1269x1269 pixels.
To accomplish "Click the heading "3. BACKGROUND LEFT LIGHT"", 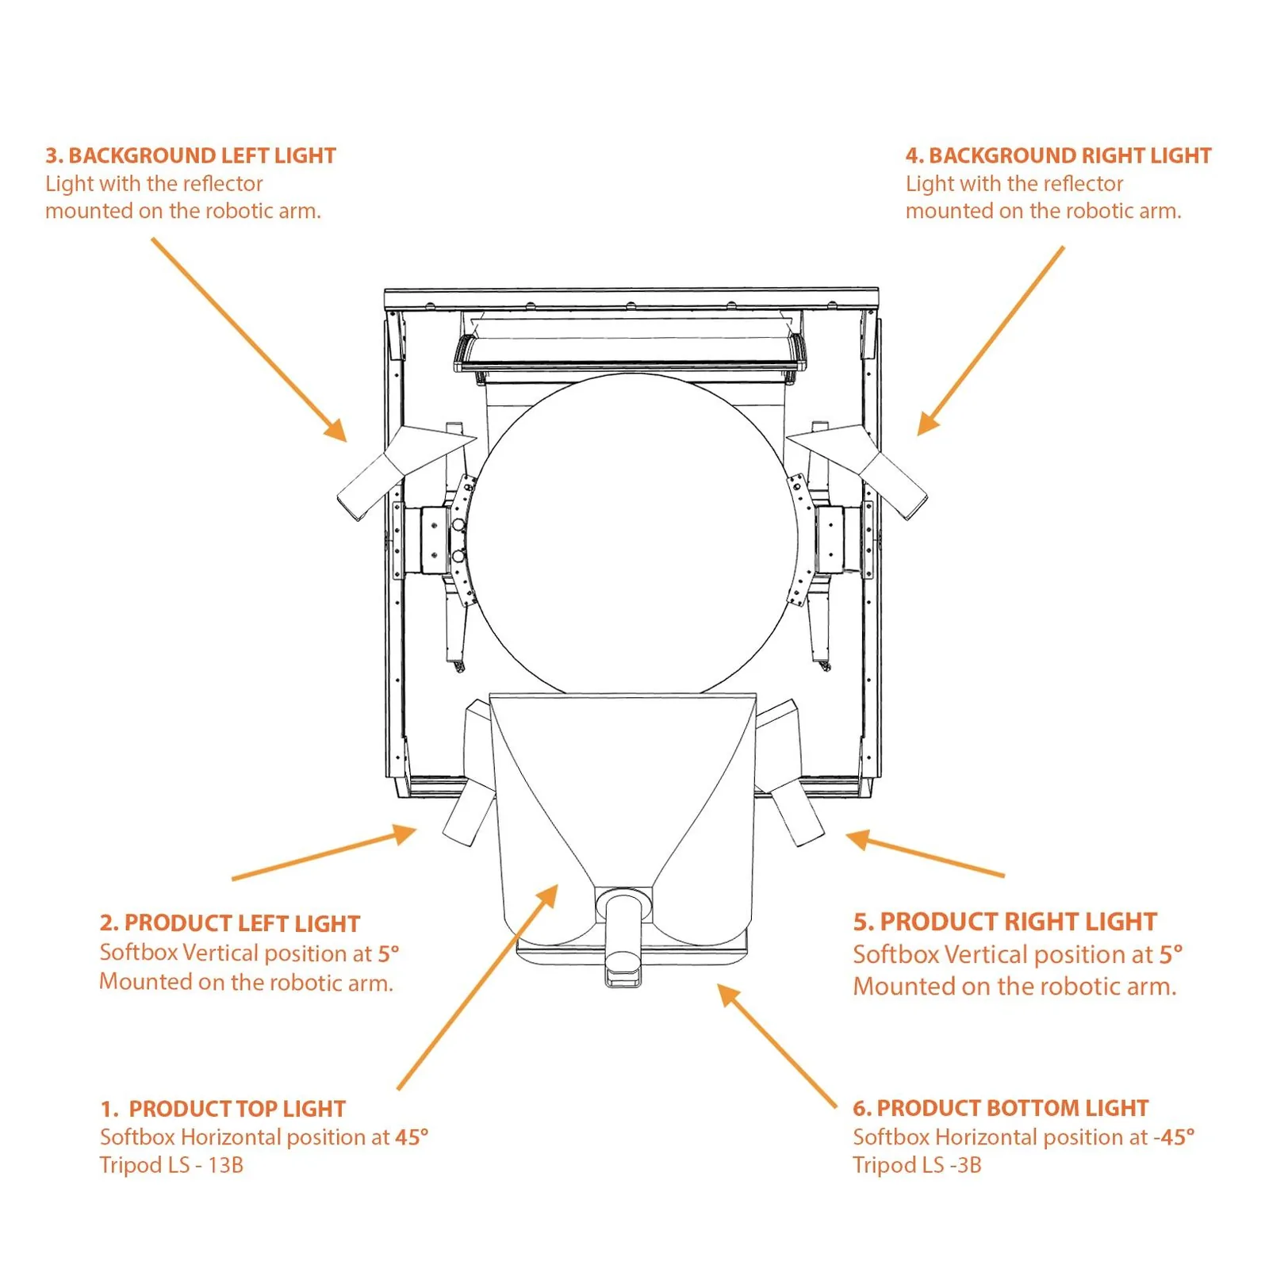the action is point(190,155).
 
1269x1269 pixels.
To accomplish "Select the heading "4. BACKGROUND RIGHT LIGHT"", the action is point(1058,155).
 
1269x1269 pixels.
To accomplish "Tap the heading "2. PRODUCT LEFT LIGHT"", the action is point(230,923).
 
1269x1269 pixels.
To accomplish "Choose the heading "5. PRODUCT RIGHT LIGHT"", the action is point(1005,922).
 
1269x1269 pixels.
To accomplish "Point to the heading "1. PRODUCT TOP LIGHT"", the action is point(223,1109).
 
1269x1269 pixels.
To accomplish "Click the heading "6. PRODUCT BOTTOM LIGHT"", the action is point(1001,1108).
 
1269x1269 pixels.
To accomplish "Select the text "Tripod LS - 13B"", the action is point(171,1165).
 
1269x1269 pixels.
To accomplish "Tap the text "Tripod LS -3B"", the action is point(917,1165).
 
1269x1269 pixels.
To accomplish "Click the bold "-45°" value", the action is point(1174,1137).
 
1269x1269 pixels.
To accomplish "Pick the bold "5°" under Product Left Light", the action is point(388,953).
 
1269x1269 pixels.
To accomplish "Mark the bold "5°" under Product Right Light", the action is point(1171,954).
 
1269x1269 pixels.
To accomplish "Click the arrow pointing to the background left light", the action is point(249,339).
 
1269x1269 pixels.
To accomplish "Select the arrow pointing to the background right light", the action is point(991,340).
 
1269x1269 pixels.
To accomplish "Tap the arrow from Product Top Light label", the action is point(477,987).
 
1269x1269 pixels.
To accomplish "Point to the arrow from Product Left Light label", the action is point(324,853).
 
